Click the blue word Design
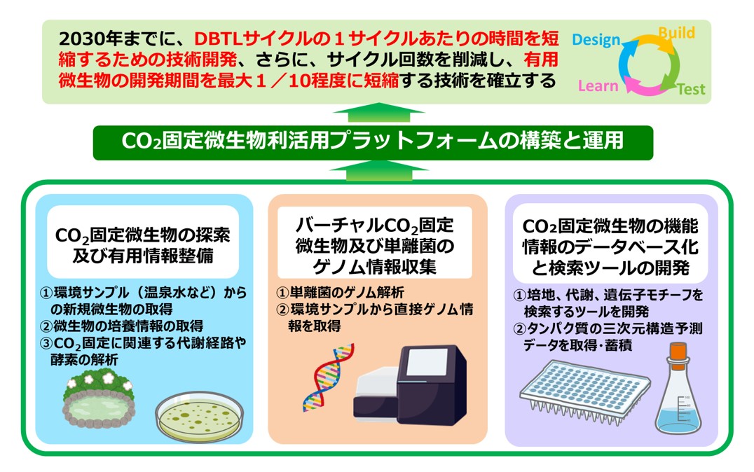(596, 40)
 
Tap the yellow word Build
(677, 33)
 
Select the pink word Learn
(598, 85)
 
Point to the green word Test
(691, 89)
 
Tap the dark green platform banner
(373, 141)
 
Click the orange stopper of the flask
(678, 350)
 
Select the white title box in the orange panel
(375, 242)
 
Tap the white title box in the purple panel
(610, 243)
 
